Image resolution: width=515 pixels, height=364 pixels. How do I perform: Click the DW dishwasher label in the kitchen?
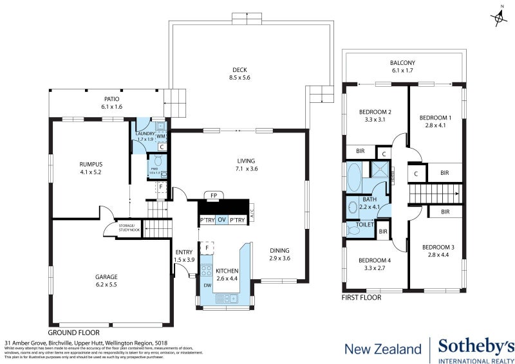[207, 284]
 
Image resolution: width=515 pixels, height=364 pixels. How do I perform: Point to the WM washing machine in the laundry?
[161, 136]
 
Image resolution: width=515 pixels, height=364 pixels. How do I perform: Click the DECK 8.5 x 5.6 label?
[240, 74]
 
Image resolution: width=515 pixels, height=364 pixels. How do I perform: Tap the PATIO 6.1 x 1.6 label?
[112, 103]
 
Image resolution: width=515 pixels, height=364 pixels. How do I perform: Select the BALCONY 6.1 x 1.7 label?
[403, 66]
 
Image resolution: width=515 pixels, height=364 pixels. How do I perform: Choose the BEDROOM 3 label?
[438, 251]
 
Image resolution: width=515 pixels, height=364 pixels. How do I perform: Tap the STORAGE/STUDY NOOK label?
[126, 228]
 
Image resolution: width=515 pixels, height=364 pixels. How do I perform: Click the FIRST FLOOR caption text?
[361, 298]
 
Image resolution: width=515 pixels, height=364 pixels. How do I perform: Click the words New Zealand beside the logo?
[383, 350]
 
